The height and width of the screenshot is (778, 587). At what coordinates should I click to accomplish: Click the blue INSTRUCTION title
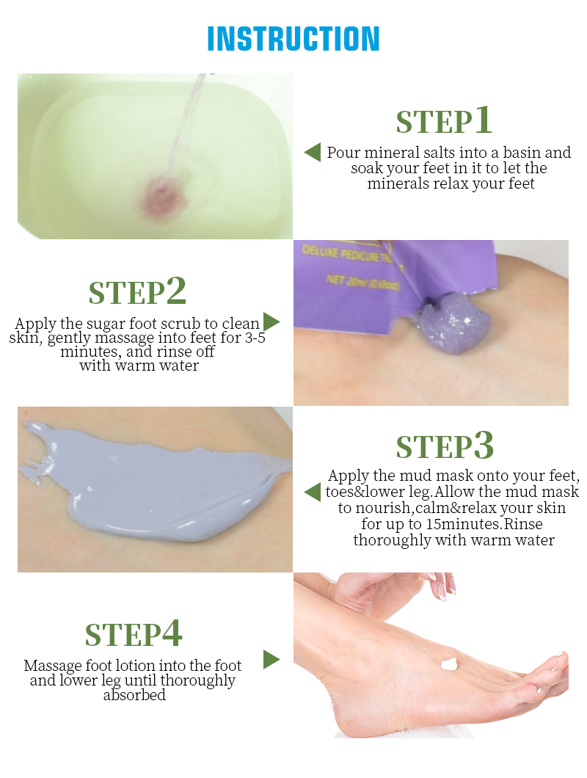tap(293, 39)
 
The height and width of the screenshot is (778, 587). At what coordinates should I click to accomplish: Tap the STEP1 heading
tap(444, 120)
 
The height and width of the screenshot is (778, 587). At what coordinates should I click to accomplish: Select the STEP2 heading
tap(137, 291)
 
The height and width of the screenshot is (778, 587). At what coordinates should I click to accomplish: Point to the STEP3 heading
tap(445, 445)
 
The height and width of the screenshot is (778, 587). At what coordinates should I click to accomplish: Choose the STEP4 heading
tap(134, 633)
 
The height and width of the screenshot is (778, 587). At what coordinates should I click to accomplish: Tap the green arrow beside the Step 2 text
tap(271, 321)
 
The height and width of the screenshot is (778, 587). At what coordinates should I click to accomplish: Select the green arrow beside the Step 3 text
tap(312, 492)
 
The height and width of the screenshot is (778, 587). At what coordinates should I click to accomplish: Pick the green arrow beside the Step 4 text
tap(271, 659)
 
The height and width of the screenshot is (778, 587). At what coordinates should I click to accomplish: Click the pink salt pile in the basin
tap(164, 197)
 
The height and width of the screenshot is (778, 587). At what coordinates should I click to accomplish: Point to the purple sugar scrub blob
tap(452, 323)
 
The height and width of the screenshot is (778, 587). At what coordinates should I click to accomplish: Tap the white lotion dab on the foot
tap(449, 664)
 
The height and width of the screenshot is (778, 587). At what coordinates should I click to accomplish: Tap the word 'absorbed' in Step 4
tap(134, 694)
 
